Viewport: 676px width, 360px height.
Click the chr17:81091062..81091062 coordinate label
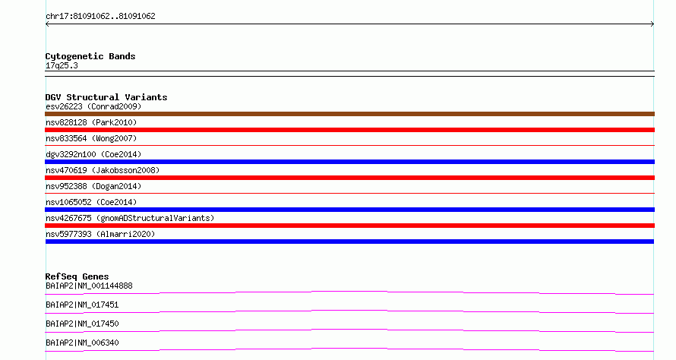pyautogui.click(x=100, y=17)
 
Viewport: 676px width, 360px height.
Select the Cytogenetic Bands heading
pyautogui.click(x=90, y=56)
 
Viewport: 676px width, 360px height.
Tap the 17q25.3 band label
pyautogui.click(x=62, y=66)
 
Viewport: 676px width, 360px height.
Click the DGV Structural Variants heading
pyautogui.click(x=106, y=97)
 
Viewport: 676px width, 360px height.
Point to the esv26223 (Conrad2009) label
pyautogui.click(x=93, y=107)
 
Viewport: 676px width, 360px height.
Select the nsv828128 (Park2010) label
pyautogui.click(x=91, y=123)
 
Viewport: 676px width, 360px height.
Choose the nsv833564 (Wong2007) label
pyautogui.click(x=91, y=139)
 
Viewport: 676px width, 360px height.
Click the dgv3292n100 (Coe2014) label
pyautogui.click(x=93, y=155)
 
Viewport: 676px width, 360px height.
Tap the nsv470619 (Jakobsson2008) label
pyautogui.click(x=103, y=171)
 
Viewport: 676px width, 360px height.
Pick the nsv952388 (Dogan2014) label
pyautogui.click(x=93, y=187)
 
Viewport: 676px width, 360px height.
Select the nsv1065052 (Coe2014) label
pyautogui.click(x=91, y=203)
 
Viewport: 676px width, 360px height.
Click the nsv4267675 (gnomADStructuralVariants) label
pyautogui.click(x=130, y=219)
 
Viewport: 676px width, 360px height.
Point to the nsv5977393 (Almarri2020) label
pyautogui.click(x=100, y=235)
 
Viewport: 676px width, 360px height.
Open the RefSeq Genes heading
pyautogui.click(x=77, y=276)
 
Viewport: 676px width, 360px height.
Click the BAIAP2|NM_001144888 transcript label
pyautogui.click(x=89, y=286)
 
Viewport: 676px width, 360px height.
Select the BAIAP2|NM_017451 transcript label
pyautogui.click(x=82, y=305)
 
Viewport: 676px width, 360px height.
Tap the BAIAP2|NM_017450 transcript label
pyautogui.click(x=82, y=324)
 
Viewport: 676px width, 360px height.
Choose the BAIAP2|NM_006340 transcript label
pyautogui.click(x=82, y=343)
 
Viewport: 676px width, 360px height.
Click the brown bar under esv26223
pyautogui.click(x=349, y=114)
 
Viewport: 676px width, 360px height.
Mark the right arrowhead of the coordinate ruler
pyautogui.click(x=653, y=24)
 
